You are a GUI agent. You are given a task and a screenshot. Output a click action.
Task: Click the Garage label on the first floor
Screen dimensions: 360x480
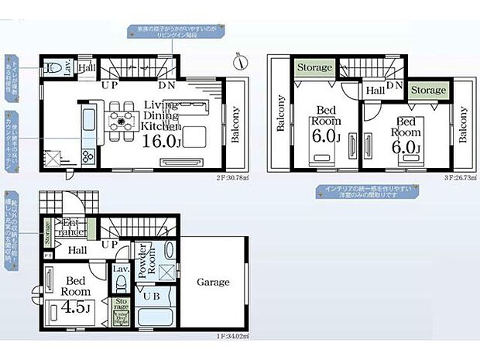213,283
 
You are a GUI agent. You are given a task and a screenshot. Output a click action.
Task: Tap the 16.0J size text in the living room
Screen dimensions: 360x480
161,142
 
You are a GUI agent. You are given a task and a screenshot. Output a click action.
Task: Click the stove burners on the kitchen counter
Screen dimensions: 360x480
85,122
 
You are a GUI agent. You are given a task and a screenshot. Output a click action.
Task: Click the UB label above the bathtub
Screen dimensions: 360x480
149,294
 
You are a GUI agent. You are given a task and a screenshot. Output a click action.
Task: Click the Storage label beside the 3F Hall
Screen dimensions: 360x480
428,91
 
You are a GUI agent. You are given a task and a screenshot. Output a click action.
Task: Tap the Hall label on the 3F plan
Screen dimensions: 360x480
375,91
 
